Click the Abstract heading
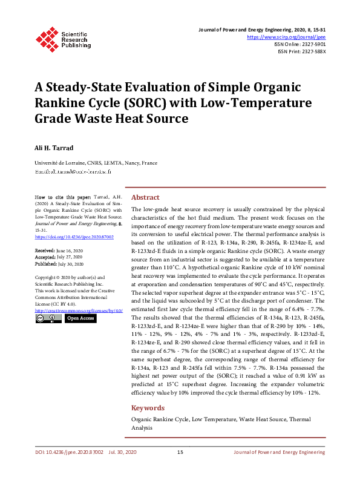145,197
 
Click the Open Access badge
80,318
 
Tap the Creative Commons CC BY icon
48,318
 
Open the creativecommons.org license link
79,310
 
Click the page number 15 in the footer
180,469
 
